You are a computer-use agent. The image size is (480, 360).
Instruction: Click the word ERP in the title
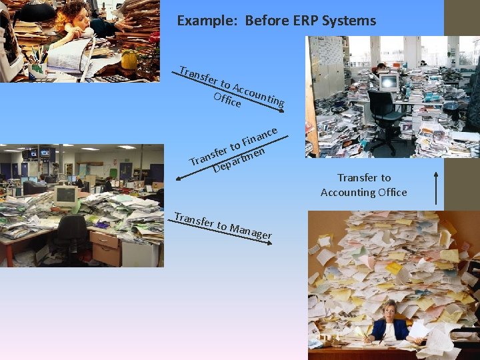pos(303,21)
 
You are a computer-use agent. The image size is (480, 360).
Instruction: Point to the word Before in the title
pos(265,21)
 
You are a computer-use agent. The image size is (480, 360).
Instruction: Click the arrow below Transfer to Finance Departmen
pos(220,167)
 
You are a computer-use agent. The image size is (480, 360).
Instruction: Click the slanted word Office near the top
pos(227,100)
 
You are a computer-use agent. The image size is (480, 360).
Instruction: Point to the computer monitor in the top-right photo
pos(388,83)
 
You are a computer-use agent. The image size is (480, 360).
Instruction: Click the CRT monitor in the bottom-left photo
pos(65,195)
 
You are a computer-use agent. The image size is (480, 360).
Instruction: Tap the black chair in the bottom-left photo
pos(72,237)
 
